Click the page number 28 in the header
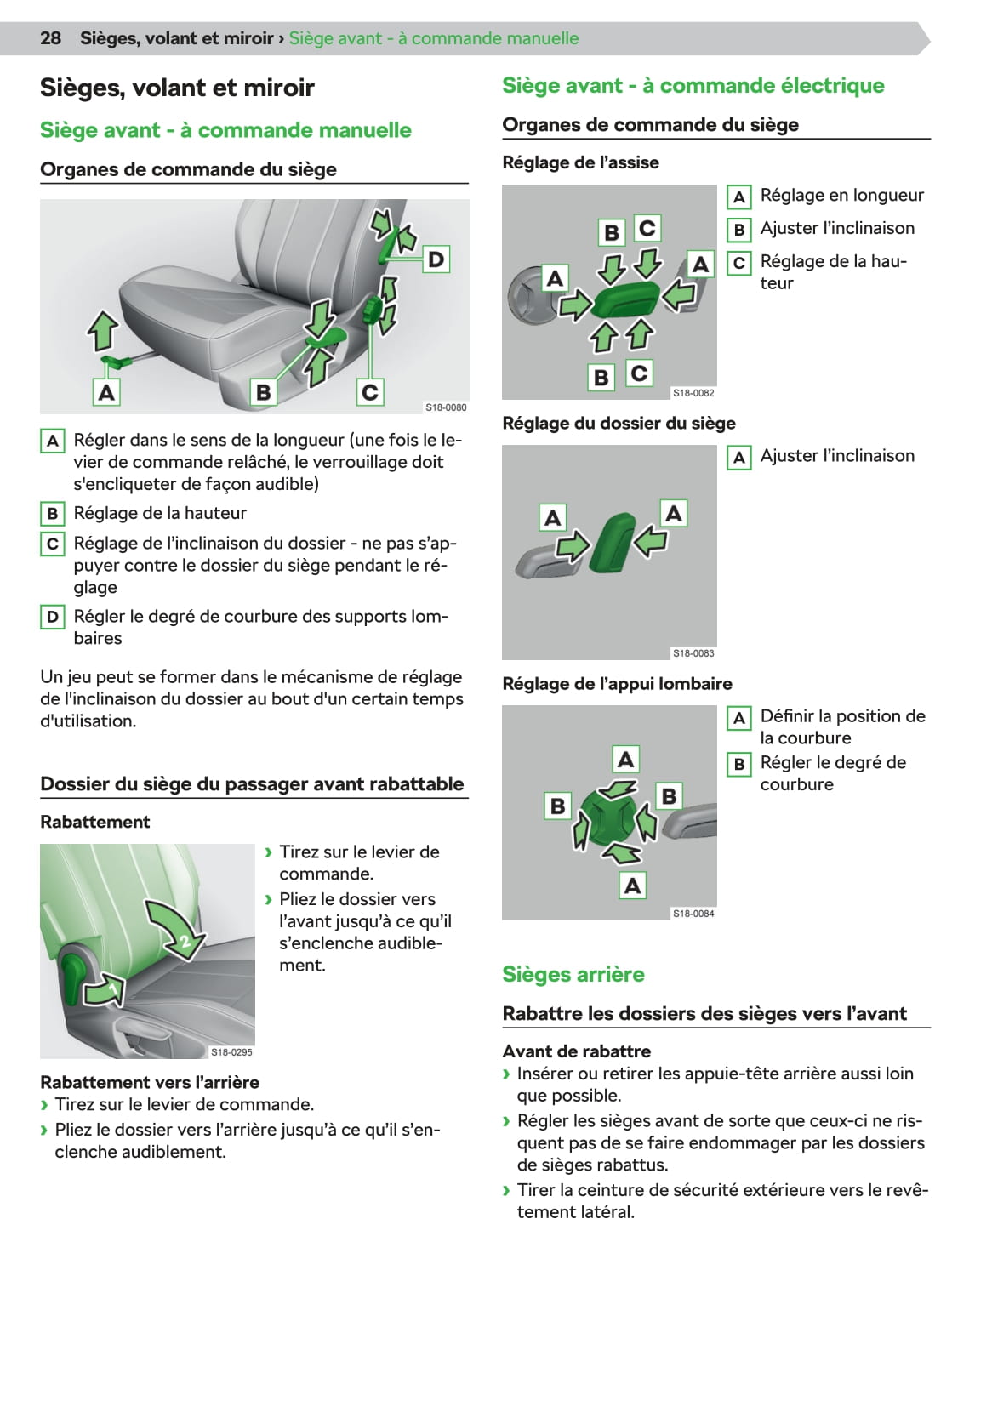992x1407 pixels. [50, 38]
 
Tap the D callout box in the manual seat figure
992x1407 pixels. [436, 259]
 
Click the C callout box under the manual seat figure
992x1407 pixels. [369, 392]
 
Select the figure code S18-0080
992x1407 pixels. [446, 407]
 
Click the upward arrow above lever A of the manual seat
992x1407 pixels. [103, 330]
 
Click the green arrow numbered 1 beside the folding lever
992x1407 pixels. [105, 990]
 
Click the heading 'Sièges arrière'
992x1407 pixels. [573, 974]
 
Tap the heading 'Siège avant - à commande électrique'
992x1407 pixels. [693, 85]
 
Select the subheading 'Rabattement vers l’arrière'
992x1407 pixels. [150, 1082]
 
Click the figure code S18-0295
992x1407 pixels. [231, 1052]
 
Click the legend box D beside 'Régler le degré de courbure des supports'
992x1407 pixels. [53, 617]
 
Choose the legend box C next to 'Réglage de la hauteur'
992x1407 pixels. [738, 263]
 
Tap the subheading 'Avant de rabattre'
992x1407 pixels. [576, 1051]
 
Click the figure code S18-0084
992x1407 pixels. [693, 914]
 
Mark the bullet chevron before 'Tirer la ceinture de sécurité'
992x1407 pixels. [507, 1190]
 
